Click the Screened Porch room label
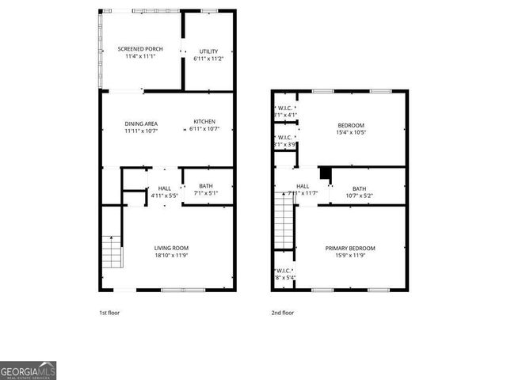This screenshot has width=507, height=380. click(139, 49)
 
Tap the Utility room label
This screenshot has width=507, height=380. click(208, 51)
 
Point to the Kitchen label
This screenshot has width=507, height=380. click(204, 122)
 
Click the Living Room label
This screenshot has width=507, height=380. click(171, 248)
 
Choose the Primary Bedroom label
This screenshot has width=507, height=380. click(350, 248)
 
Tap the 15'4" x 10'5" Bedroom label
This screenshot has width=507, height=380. click(351, 126)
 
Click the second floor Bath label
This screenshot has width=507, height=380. click(359, 188)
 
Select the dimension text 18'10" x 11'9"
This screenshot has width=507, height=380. click(171, 256)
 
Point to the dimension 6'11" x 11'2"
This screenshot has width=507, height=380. click(208, 59)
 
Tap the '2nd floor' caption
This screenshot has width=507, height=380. click(282, 312)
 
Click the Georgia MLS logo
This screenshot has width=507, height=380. click(28, 370)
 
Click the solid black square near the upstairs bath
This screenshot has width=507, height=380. click(324, 173)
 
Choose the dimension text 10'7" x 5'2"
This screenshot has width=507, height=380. click(359, 196)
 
